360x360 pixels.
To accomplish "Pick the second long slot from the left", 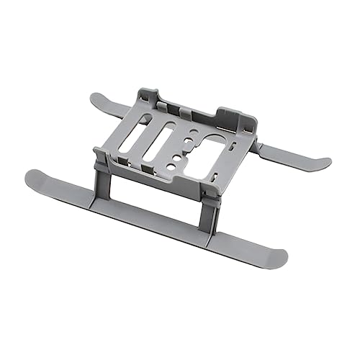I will (x=161, y=140).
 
